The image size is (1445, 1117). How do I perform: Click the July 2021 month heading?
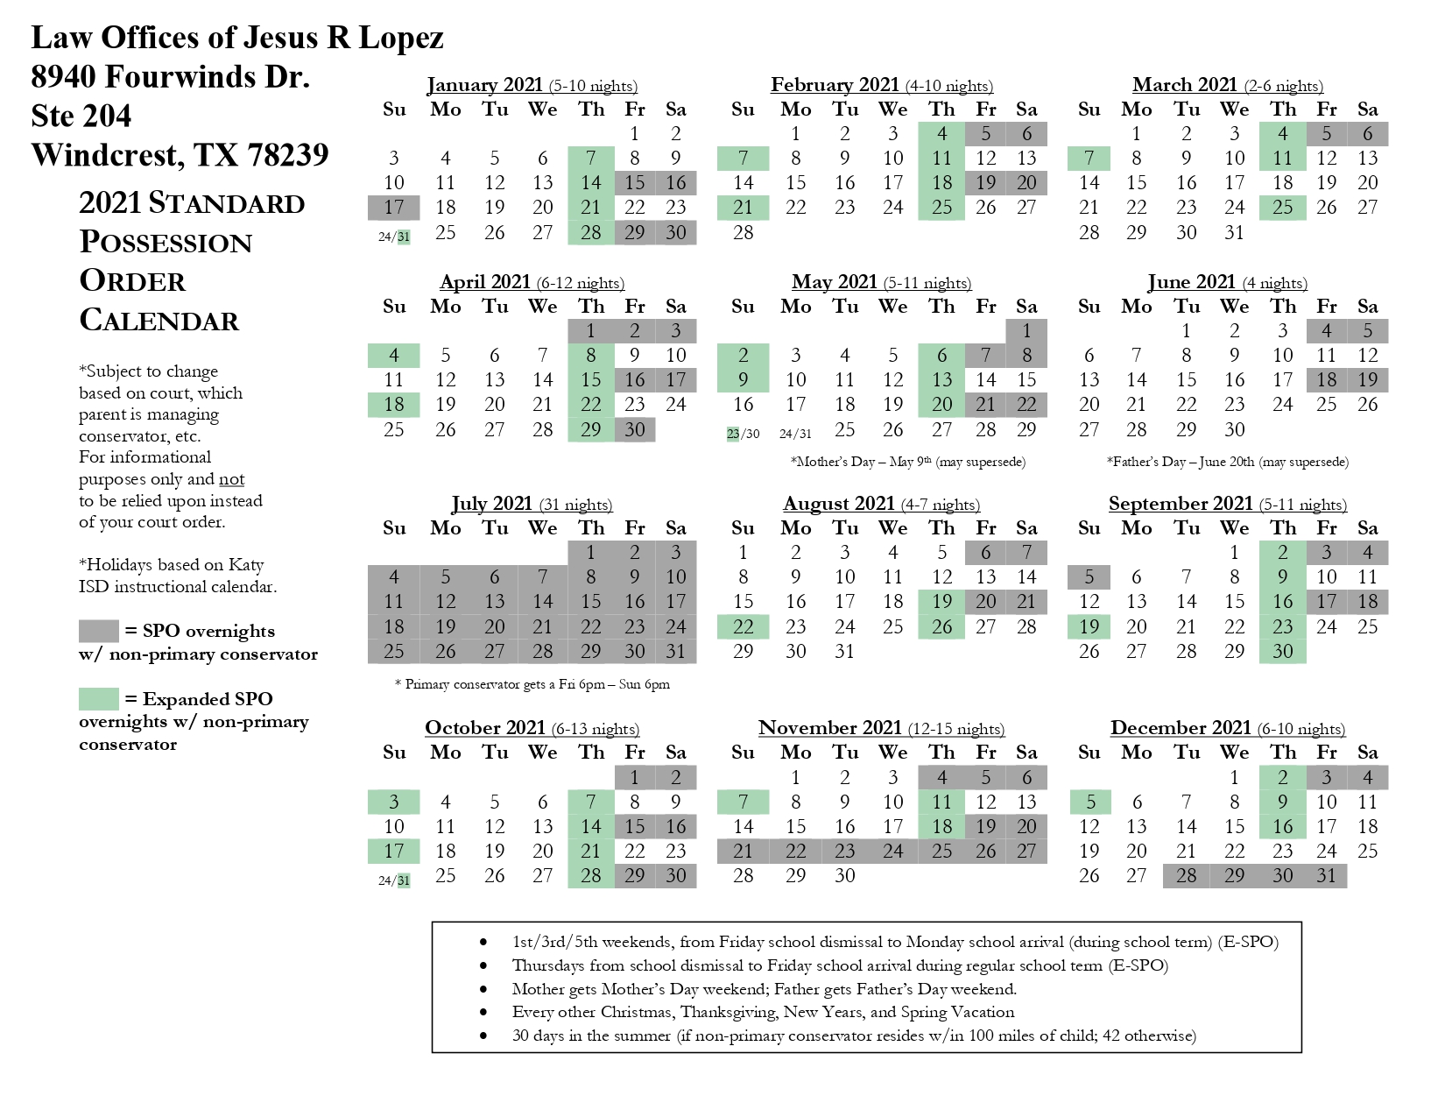491,504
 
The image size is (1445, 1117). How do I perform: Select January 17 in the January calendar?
394,208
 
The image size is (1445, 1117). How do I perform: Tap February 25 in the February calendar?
941,208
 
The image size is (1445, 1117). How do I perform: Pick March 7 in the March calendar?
1089,159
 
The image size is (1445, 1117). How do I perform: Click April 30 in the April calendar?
634,429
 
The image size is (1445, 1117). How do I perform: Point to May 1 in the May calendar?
1026,331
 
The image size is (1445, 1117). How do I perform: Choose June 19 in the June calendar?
1367,380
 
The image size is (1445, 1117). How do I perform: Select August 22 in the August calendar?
743,626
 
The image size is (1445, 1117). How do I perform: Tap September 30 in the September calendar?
1282,651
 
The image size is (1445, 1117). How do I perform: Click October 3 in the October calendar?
394,802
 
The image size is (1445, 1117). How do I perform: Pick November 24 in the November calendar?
892,851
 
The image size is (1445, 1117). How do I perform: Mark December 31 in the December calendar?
1326,875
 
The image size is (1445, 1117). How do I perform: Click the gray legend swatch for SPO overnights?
98,631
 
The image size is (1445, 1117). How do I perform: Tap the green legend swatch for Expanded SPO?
98,699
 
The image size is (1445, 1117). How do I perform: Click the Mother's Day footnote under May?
907,462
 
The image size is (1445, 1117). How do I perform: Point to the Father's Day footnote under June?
1227,462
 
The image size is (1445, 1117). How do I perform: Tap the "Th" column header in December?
1282,753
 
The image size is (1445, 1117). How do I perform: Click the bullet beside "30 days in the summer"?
483,1036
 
